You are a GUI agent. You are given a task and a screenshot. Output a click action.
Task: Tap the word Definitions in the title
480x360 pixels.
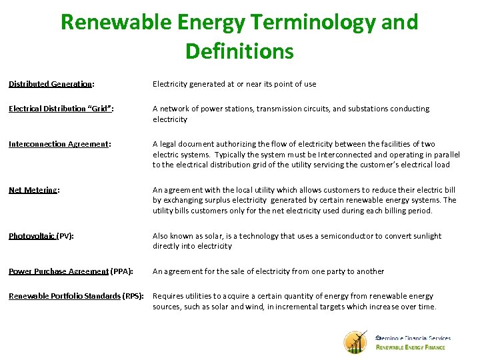[x=239, y=51]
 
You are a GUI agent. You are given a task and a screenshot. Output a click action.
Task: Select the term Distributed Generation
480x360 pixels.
[x=50, y=84]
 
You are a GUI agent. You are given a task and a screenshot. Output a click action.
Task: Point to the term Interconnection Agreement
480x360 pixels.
[x=58, y=144]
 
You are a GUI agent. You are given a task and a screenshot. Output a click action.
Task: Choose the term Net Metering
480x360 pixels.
[x=33, y=190]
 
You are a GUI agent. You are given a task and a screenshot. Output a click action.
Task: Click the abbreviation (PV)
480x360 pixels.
[x=65, y=236]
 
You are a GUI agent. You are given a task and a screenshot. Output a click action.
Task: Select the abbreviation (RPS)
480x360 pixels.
[x=133, y=296]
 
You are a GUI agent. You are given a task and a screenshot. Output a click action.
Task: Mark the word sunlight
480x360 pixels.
[x=427, y=236]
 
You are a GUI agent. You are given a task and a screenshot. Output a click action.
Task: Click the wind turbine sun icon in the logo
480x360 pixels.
[x=356, y=341]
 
